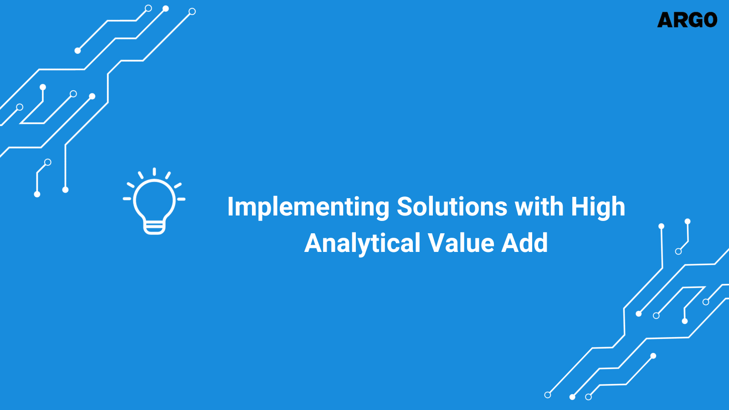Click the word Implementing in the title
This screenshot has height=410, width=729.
click(308, 207)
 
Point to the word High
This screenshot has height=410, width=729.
click(598, 207)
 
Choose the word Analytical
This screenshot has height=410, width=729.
click(362, 243)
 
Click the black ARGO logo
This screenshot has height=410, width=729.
click(687, 20)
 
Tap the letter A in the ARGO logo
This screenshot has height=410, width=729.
click(665, 20)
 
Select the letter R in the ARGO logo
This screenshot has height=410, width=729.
click(680, 20)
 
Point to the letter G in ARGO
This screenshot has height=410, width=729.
click(695, 20)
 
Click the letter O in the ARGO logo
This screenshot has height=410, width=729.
click(710, 20)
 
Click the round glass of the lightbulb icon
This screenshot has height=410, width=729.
click(154, 199)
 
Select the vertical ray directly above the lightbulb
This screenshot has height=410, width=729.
click(154, 171)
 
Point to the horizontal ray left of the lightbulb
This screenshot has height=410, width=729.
click(127, 199)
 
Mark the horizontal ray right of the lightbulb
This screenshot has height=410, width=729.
click(181, 199)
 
